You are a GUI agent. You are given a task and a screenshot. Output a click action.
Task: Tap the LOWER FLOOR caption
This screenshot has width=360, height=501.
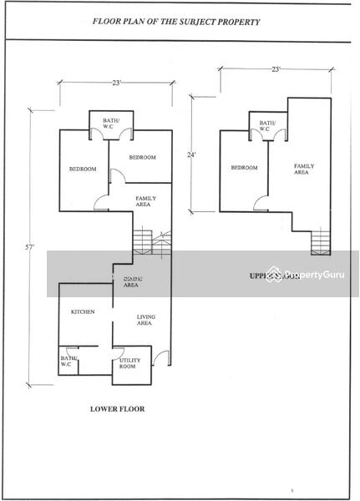117,409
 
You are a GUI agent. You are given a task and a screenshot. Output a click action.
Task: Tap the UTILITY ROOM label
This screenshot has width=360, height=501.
129,363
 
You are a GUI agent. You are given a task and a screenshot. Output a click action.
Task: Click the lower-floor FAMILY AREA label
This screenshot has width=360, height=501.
147,200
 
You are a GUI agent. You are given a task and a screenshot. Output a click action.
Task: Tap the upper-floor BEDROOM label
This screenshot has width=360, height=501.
244,168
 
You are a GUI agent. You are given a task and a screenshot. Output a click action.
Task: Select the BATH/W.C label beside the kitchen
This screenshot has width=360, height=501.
68,361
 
